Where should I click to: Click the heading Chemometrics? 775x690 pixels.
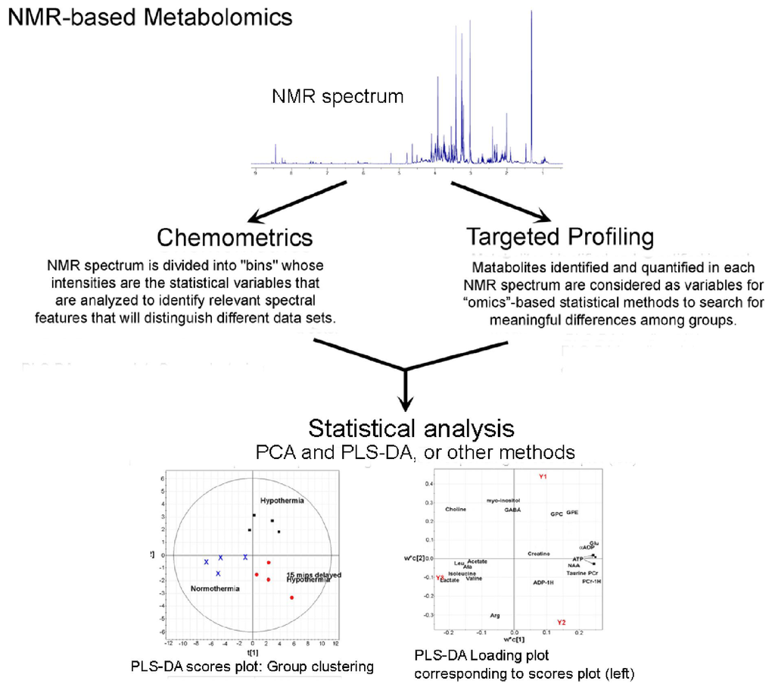235,237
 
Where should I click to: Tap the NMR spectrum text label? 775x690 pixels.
338,97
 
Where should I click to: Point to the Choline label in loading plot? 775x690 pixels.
456,509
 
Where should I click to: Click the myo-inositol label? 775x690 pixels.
503,500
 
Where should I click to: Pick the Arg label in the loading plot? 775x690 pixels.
495,616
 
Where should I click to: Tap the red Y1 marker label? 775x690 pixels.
543,476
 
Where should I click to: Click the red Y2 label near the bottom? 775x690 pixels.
561,622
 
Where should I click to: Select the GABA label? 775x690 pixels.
512,510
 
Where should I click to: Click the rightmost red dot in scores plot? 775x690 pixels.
292,598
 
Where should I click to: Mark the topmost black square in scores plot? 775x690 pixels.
254,516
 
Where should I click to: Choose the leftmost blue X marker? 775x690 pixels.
206,562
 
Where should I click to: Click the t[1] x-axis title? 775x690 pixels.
252,651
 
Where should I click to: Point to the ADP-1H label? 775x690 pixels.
543,582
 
